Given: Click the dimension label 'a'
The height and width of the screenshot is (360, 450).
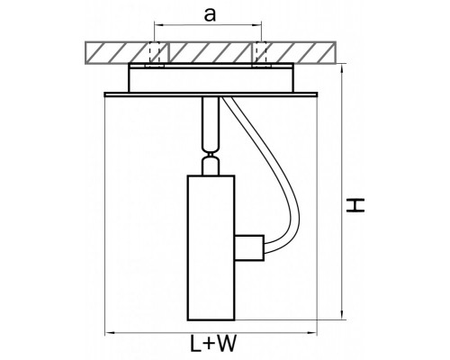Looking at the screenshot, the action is click(210, 14).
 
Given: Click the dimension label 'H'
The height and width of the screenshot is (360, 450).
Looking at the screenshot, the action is click(355, 205).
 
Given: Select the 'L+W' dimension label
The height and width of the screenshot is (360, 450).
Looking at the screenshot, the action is click(213, 344).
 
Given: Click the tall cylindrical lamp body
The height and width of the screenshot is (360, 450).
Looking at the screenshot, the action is click(211, 247).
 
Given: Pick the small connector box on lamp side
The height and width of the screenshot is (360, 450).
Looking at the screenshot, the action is click(249, 247).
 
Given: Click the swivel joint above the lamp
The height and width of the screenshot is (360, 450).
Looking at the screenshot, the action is click(211, 155).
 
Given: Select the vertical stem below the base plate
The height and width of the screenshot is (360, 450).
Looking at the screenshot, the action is click(211, 123).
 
